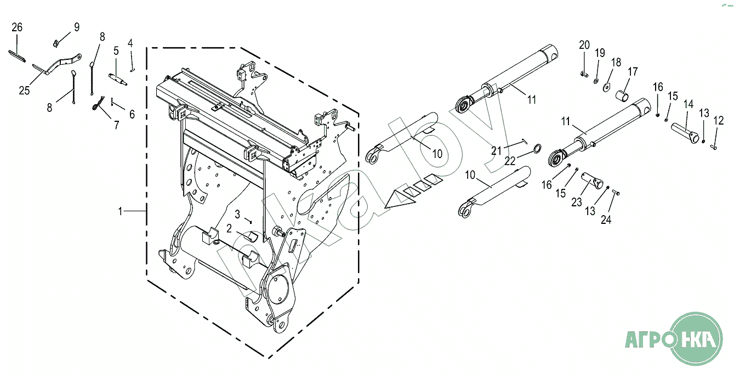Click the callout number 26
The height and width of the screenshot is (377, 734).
[x=17, y=27]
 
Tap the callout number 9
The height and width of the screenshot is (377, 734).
[x=77, y=27]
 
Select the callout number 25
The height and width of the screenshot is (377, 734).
[x=24, y=90]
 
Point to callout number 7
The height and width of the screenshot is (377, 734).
[x=117, y=125]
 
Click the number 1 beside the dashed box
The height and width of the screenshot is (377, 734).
[x=120, y=212]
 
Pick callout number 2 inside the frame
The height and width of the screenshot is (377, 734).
[x=229, y=228]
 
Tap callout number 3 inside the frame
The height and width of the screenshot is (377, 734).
[x=237, y=214]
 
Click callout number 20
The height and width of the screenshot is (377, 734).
[x=584, y=45]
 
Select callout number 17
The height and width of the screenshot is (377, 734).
[x=633, y=71]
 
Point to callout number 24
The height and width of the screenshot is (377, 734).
[x=606, y=220]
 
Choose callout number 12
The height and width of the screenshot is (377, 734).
[x=719, y=120]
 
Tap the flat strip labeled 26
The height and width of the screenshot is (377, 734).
[x=16, y=56]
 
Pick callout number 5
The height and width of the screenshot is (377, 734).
[x=116, y=51]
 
